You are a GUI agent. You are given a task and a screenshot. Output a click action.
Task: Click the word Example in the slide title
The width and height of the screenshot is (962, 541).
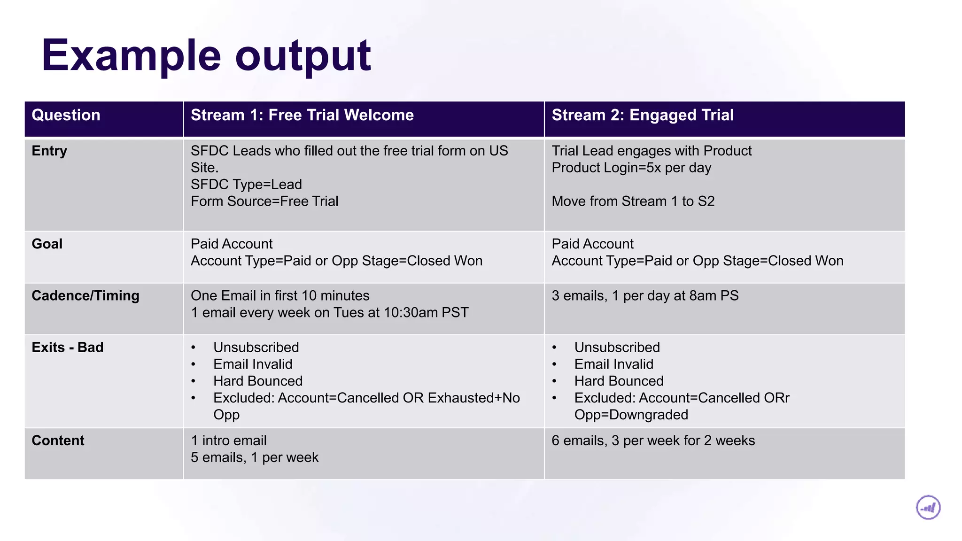click(132, 55)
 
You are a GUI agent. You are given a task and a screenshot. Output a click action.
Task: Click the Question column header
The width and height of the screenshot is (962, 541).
click(66, 115)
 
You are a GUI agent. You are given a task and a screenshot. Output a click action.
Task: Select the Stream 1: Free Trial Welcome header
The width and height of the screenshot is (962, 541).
click(302, 115)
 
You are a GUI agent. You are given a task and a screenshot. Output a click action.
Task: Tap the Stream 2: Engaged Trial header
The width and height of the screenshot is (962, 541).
click(642, 115)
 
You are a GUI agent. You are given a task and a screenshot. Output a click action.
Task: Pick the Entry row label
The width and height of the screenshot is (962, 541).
click(49, 151)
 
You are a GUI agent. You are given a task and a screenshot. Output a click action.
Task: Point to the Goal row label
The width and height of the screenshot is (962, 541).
click(47, 244)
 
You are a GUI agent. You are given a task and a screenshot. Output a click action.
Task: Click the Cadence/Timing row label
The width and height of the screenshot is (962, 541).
click(85, 295)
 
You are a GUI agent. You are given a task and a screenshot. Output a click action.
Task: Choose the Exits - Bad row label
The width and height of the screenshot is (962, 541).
click(67, 347)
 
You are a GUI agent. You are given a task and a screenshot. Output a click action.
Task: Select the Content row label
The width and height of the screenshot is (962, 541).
click(58, 441)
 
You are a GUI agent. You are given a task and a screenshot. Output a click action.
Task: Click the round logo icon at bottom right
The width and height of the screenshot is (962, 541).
click(928, 508)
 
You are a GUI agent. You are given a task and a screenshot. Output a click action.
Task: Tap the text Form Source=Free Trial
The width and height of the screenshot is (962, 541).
click(264, 201)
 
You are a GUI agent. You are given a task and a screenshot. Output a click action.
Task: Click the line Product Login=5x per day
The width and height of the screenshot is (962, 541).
click(631, 168)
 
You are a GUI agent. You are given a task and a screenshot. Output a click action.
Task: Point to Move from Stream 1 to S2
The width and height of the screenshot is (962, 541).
click(633, 201)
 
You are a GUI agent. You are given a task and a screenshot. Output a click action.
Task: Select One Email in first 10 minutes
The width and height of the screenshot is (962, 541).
click(280, 295)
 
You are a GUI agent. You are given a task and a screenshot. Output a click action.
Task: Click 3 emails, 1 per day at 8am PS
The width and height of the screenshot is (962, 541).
click(644, 295)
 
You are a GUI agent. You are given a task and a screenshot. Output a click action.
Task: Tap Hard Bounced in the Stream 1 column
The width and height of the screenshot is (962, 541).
click(257, 381)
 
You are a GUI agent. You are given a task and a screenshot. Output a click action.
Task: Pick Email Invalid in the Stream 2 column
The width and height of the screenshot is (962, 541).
click(613, 364)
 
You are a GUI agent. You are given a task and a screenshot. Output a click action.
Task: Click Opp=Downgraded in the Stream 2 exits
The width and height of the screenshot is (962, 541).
click(631, 415)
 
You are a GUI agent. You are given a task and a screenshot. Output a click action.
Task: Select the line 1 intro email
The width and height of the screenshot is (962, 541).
click(229, 441)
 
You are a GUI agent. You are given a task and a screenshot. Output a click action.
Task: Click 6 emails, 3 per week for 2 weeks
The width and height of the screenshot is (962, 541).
click(653, 441)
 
